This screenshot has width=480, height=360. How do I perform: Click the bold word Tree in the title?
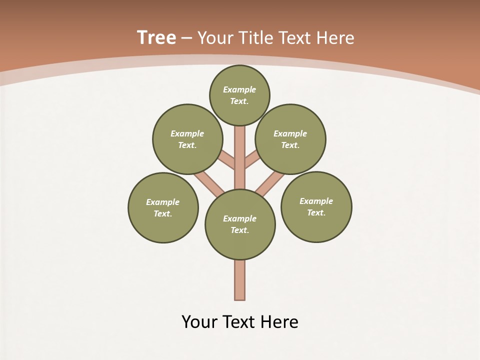click(156, 37)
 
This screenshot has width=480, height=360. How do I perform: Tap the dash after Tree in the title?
click(186, 38)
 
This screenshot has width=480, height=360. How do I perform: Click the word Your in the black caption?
click(199, 321)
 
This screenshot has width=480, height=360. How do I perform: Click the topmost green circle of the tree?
click(239, 95)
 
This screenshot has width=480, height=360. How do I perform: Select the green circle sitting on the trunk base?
click(240, 224)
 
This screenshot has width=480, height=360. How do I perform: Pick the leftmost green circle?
click(163, 207)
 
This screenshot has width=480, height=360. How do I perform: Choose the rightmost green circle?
click(316, 206)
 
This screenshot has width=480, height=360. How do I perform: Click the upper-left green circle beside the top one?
click(187, 139)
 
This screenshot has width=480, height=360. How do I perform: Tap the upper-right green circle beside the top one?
click(290, 139)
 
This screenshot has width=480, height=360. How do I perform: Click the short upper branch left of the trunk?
click(227, 160)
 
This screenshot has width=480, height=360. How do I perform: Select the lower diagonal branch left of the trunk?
click(209, 183)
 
